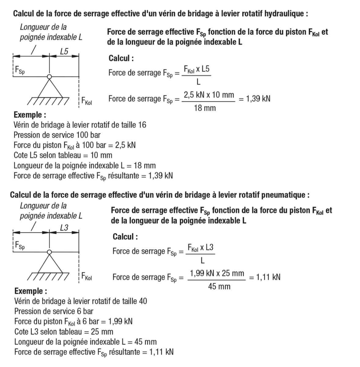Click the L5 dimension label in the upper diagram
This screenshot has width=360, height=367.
click(64, 51)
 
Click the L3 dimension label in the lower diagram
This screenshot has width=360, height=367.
click(64, 228)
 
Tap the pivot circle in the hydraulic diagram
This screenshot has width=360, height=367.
click(49, 76)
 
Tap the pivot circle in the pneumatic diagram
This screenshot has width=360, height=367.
click(49, 252)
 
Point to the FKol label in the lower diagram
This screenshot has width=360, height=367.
click(86, 277)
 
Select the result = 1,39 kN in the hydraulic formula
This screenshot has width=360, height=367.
click(254, 99)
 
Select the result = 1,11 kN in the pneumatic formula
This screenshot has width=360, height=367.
click(265, 277)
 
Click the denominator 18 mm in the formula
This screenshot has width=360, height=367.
click(205, 108)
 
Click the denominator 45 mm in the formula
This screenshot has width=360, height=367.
click(219, 287)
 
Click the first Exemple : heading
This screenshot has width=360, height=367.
click(30, 115)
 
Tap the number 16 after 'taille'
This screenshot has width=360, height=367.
click(142, 125)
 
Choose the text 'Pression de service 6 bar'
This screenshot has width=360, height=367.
click(54, 311)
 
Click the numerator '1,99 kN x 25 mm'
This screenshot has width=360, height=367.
click(217, 273)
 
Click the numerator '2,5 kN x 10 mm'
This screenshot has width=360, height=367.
click(209, 95)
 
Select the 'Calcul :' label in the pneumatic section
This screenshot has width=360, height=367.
click(125, 237)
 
